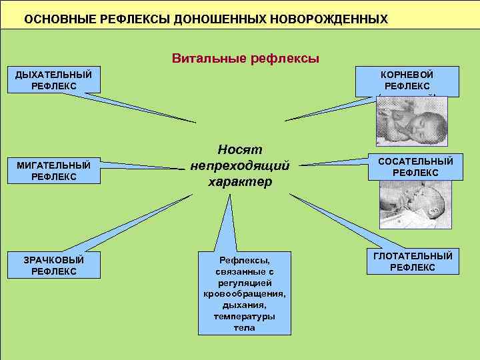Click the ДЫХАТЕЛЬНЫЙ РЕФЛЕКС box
(x=54, y=79)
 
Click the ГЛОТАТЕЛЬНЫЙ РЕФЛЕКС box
(x=413, y=261)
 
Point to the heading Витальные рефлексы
(x=245, y=59)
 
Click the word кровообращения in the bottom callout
(x=245, y=294)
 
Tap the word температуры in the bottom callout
(x=245, y=317)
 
